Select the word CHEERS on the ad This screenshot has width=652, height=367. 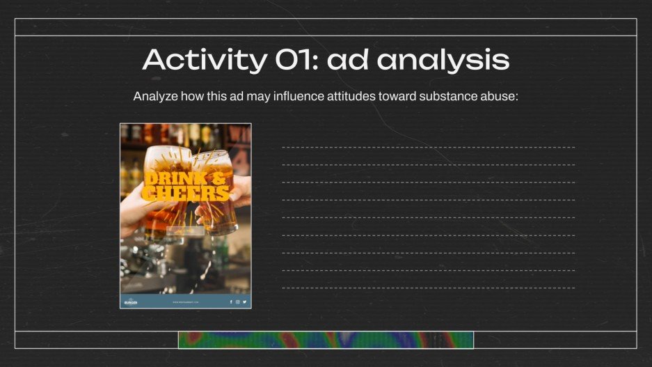[x=185, y=193]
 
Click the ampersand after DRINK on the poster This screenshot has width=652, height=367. [x=218, y=179]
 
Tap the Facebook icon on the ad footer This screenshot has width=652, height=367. [x=231, y=302]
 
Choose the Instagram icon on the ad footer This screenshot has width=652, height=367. [x=237, y=302]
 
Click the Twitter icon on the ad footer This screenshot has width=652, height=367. [x=244, y=302]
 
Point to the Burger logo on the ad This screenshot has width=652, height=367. [x=131, y=302]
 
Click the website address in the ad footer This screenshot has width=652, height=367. [x=186, y=302]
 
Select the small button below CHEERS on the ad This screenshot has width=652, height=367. [x=185, y=231]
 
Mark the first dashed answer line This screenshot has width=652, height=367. [x=428, y=148]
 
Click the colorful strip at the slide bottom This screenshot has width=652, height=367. [x=326, y=340]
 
